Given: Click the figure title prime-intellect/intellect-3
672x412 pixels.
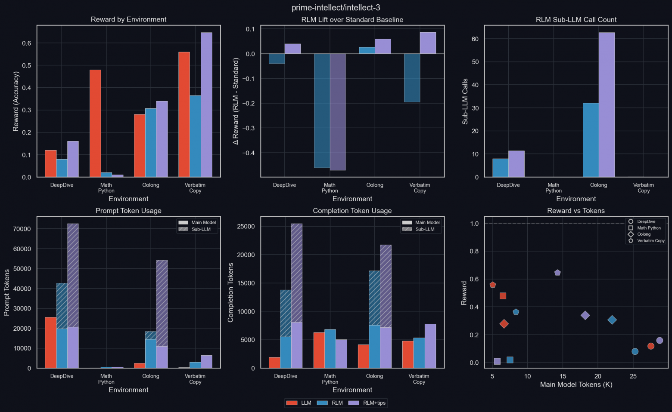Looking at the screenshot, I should tap(336, 8).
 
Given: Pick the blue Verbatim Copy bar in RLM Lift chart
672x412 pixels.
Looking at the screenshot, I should tap(412, 78).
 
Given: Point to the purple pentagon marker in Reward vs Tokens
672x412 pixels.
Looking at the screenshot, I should tap(557, 273).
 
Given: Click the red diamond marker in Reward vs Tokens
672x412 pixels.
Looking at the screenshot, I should tap(504, 324).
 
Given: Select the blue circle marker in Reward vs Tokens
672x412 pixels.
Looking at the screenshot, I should tap(635, 351).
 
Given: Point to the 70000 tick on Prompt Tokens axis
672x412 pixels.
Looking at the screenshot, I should tap(22, 229).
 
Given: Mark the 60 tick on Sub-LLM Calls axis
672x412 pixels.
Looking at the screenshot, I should tap(475, 39).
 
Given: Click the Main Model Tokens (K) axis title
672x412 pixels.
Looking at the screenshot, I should tap(576, 384).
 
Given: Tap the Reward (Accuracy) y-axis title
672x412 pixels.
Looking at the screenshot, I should tap(16, 101).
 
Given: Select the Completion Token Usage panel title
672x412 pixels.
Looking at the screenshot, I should tap(352, 211).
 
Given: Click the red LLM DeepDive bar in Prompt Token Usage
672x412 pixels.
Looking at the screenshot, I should tap(51, 342).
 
